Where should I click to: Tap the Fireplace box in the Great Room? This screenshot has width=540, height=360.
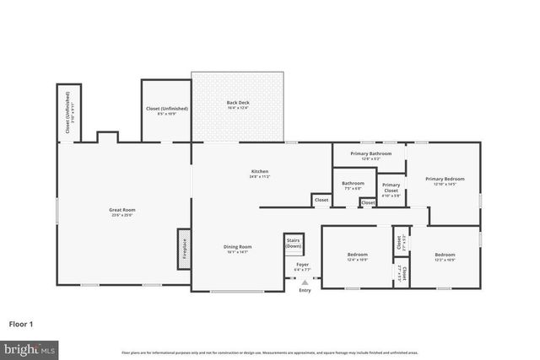pyautogui.click(x=183, y=249)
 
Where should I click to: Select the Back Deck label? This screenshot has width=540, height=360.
pyautogui.click(x=237, y=103)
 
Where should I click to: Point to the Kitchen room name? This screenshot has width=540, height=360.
pyautogui.click(x=259, y=171)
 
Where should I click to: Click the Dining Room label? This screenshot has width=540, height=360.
pyautogui.click(x=238, y=246)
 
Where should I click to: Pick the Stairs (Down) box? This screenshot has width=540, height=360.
pyautogui.click(x=294, y=244)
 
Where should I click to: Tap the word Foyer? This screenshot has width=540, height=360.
pyautogui.click(x=302, y=265)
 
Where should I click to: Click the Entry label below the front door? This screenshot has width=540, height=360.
pyautogui.click(x=305, y=291)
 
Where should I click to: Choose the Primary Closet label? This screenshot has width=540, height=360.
pyautogui.click(x=391, y=188)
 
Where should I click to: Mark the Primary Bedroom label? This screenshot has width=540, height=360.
pyautogui.click(x=444, y=179)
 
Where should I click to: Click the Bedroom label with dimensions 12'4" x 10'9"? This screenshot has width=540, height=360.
pyautogui.click(x=357, y=255)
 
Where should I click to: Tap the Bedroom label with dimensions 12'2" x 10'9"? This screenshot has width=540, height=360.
pyautogui.click(x=445, y=255)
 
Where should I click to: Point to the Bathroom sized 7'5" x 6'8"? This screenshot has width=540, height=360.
pyautogui.click(x=353, y=183)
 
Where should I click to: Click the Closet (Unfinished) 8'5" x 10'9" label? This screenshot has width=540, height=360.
pyautogui.click(x=167, y=109)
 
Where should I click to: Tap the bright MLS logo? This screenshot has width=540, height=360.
pyautogui.click(x=30, y=347)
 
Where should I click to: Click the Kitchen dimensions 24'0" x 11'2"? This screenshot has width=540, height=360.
pyautogui.click(x=259, y=176)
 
